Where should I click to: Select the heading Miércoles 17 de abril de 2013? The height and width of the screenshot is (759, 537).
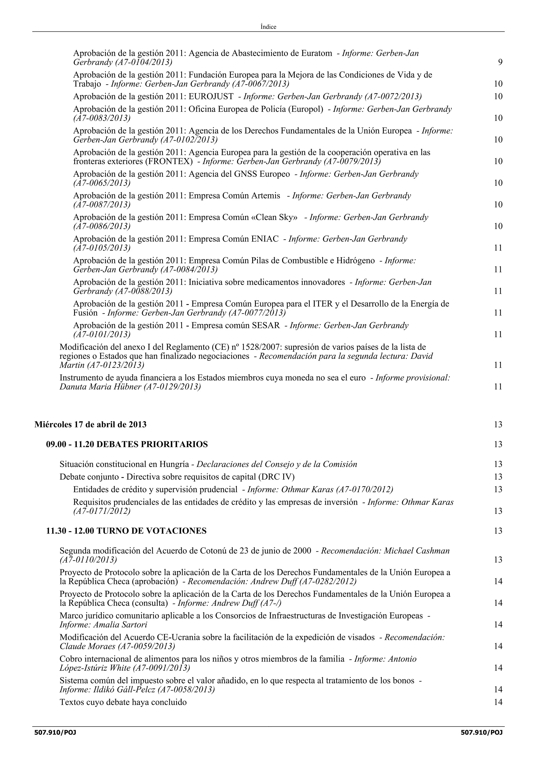click(x=90, y=425)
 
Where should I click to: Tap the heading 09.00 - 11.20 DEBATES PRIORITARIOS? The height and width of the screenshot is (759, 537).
click(x=127, y=444)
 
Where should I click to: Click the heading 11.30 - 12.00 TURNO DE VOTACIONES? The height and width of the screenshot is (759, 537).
click(x=126, y=531)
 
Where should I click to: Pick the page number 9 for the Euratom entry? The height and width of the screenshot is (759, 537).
click(x=500, y=62)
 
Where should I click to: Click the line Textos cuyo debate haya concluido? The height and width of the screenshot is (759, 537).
click(x=123, y=702)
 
